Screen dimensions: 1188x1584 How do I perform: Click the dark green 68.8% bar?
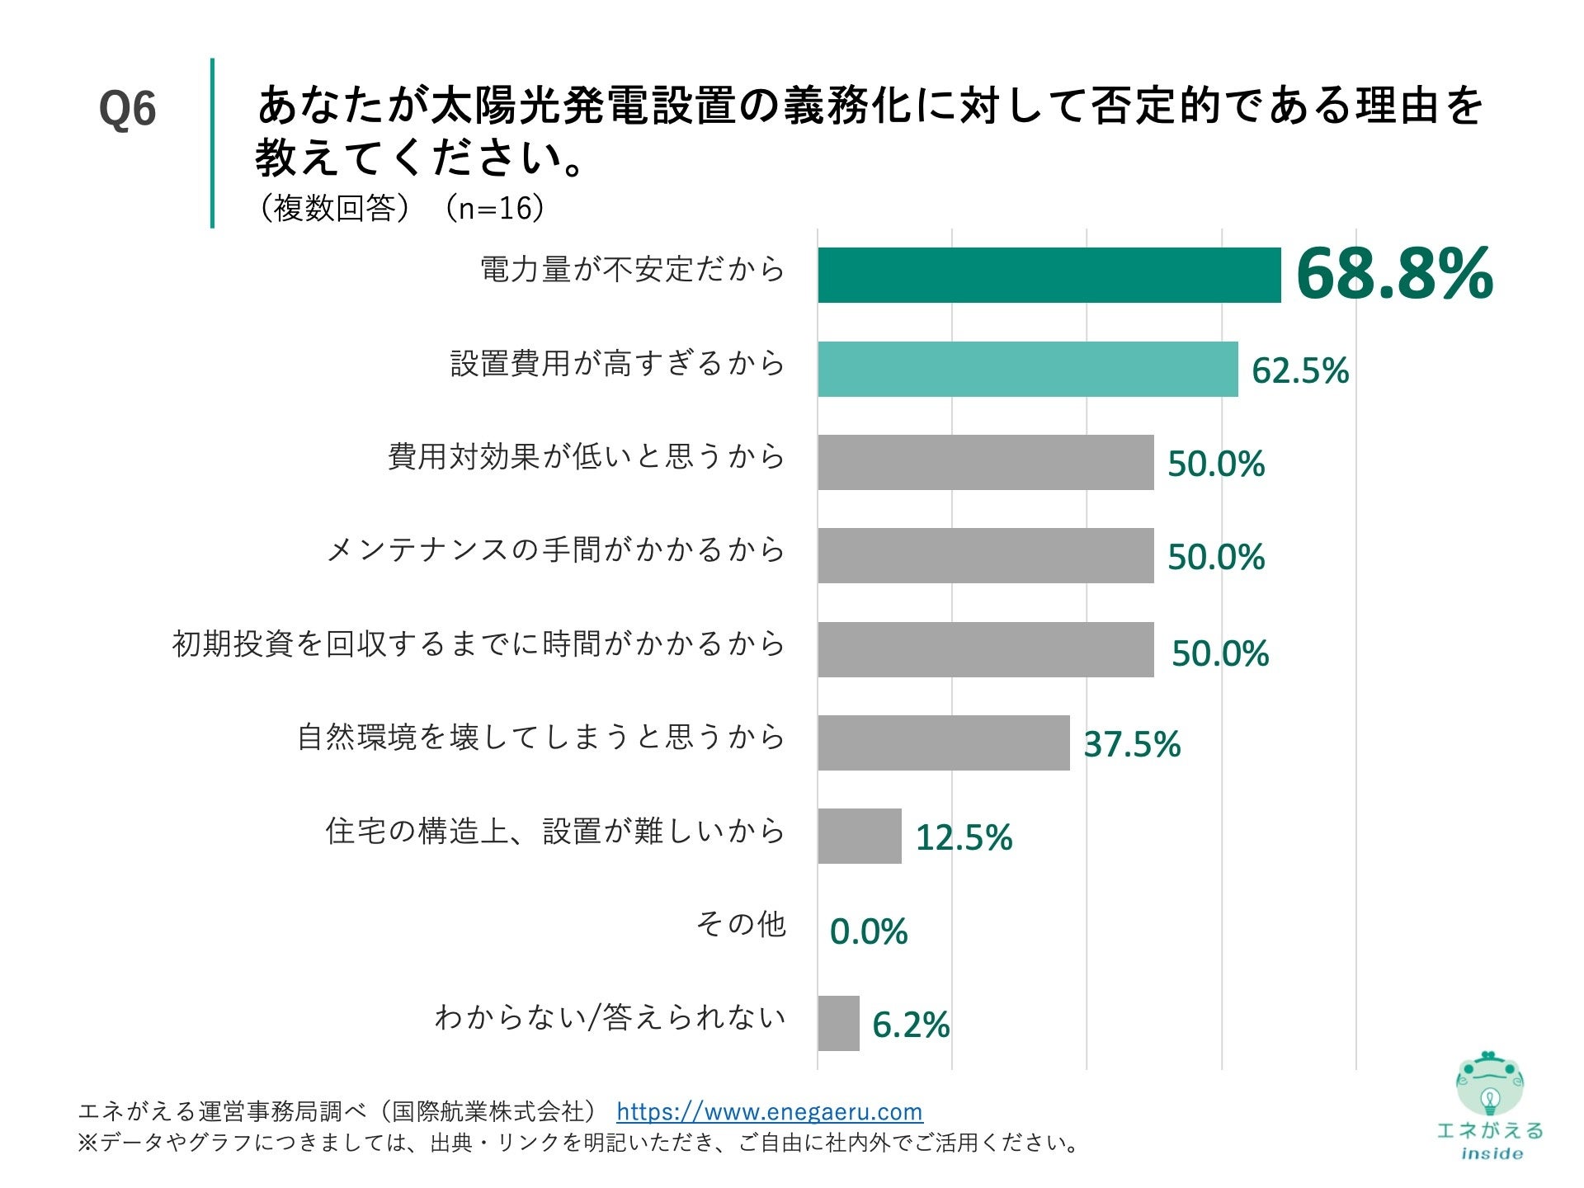[1049, 275]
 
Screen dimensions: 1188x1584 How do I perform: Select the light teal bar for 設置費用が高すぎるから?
[1027, 369]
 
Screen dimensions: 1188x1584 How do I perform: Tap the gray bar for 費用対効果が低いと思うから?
[985, 462]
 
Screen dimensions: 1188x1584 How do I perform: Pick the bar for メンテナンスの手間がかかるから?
[985, 555]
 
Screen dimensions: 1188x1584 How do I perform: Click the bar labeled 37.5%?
[943, 742]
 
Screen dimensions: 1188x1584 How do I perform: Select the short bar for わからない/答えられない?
[838, 1023]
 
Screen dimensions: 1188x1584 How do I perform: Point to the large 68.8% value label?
[1394, 274]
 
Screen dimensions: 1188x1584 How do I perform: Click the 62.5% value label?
[1299, 370]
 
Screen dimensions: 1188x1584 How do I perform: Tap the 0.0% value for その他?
[868, 931]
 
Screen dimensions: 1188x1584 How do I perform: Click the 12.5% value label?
[964, 837]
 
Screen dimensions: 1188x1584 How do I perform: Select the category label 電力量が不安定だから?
[632, 269]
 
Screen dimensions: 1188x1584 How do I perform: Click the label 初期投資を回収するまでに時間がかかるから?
[478, 643]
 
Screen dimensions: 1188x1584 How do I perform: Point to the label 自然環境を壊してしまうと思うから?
[540, 737]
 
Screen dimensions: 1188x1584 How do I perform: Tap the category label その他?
[740, 924]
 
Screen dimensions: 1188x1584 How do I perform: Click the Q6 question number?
[127, 109]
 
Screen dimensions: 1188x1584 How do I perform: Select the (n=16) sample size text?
[495, 208]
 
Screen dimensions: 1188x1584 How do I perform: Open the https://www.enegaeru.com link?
[769, 1111]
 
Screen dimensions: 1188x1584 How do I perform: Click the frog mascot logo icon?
[1489, 1085]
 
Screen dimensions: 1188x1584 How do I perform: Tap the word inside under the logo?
[1491, 1153]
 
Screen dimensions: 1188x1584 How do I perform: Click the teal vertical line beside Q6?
[212, 142]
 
